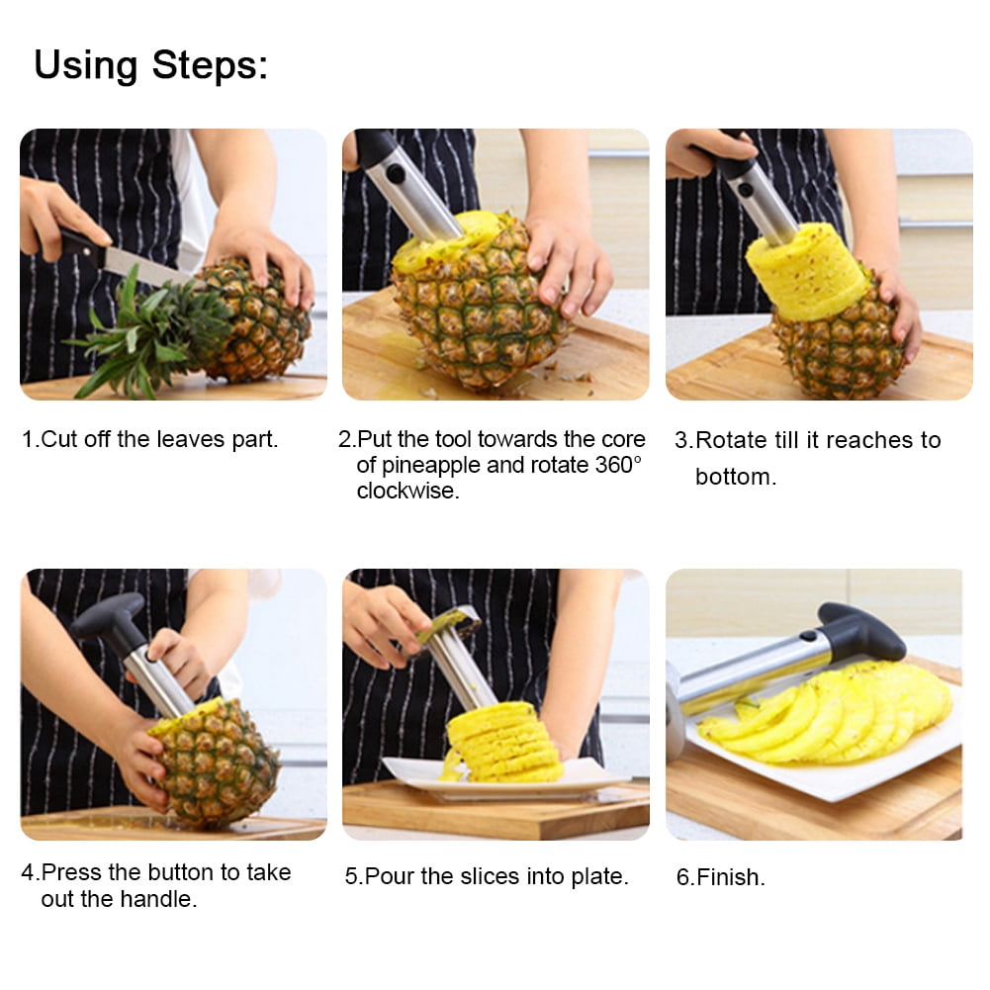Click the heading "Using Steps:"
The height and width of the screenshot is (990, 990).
[x=150, y=65]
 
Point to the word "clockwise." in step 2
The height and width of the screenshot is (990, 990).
[x=407, y=491]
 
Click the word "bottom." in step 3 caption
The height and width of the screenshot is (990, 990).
[x=735, y=477]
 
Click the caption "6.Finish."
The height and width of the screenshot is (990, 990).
[x=720, y=876]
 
